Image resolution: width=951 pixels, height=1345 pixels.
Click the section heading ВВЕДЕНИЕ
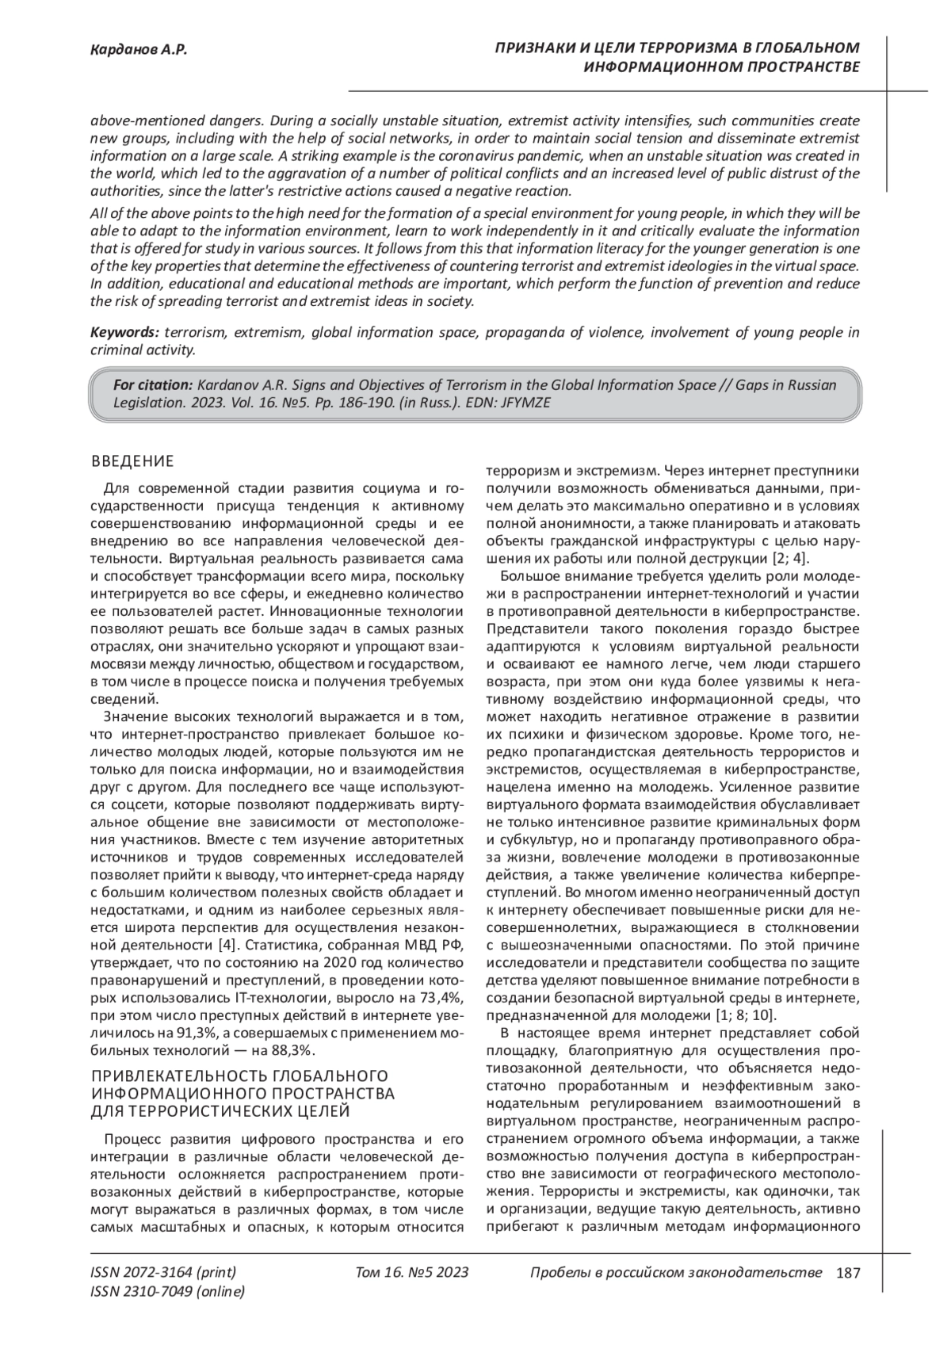click(x=132, y=461)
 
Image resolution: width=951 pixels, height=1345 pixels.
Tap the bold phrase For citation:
click(x=153, y=385)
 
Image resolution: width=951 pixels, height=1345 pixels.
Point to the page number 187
click(x=848, y=1273)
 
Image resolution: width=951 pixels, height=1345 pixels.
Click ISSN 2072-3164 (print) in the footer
click(x=164, y=1273)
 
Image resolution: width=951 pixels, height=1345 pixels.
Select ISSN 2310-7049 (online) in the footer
click(x=168, y=1292)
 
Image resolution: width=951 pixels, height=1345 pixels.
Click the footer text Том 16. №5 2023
click(x=412, y=1273)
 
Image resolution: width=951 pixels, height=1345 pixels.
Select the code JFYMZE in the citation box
click(x=527, y=402)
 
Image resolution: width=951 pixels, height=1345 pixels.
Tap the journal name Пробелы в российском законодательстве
click(x=675, y=1273)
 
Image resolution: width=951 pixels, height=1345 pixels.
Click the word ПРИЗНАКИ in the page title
click(x=533, y=49)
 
